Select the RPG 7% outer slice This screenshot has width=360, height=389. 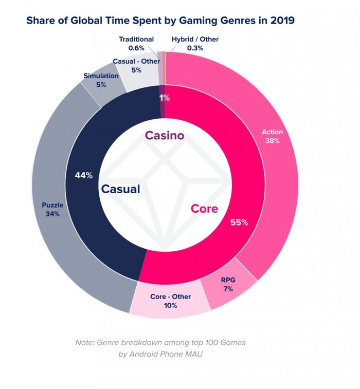[x=228, y=285]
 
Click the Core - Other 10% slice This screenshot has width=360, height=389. [x=170, y=301]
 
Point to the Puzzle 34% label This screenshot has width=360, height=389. [x=52, y=210]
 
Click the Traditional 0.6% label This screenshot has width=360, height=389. [x=136, y=43]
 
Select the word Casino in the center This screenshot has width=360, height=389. [x=165, y=135]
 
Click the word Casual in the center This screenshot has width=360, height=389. [x=120, y=189]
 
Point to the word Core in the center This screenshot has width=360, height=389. [x=205, y=209]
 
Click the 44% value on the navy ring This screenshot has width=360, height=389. [x=83, y=175]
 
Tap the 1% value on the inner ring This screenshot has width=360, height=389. [x=164, y=97]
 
